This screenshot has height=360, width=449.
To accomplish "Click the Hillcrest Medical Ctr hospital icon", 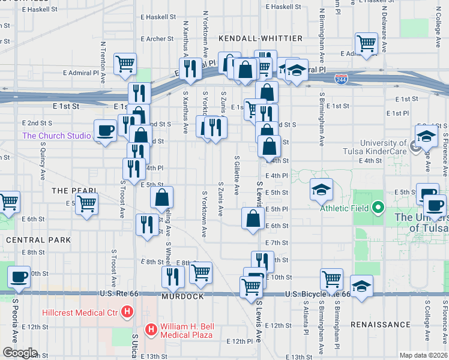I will pos(127,312).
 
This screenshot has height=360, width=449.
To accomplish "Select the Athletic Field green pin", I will pos(378,208).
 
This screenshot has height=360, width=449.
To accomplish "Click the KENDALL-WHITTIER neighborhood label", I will pos(261,38).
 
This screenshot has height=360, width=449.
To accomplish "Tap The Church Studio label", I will pos(56,136).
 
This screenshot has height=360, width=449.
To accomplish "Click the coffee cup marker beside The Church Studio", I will pos(106,131).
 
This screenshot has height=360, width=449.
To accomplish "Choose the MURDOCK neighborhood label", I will pos(182,296).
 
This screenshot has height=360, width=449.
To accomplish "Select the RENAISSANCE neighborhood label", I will pos(381,325).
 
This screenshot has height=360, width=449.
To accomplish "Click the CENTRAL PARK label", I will pos(38,239).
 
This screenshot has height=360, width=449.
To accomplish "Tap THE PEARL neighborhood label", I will pos(74,190).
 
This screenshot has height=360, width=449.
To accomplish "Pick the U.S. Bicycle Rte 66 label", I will pos(318,294).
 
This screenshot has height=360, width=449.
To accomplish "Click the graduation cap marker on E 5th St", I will pos(321,190).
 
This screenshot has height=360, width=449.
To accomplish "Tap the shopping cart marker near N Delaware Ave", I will pos(366,43).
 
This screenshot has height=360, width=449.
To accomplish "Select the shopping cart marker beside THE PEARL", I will pos(87,205).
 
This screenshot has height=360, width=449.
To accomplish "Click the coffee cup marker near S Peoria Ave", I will pos(18,277).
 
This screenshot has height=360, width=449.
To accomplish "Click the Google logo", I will pos(20,353).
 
